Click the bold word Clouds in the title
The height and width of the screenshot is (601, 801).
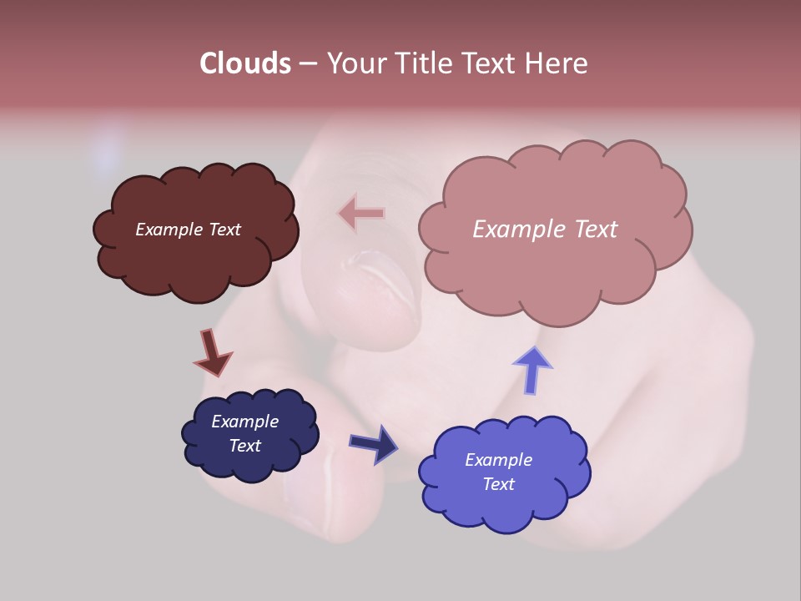(244, 63)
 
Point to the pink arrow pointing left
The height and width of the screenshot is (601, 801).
(361, 214)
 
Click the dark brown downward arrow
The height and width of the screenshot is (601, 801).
(212, 352)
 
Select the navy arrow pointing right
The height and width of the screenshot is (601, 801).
(374, 443)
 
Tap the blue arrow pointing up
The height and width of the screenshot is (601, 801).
(532, 369)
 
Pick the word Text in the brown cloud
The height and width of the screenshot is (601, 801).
(224, 230)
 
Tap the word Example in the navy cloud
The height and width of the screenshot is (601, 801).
(244, 422)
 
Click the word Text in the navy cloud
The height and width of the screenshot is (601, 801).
(244, 446)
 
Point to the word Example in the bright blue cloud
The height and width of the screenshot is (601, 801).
(498, 460)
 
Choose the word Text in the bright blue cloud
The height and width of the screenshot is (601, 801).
(498, 484)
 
